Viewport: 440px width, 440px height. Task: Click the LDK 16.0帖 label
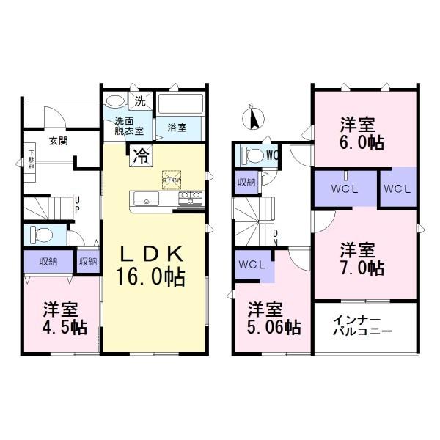pyautogui.click(x=153, y=265)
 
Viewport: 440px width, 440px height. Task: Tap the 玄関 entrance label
pyautogui.click(x=59, y=141)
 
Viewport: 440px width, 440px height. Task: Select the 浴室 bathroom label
pyautogui.click(x=176, y=128)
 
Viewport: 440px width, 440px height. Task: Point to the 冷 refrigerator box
pyautogui.click(x=141, y=155)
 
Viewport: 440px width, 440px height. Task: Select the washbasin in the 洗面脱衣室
pyautogui.click(x=115, y=101)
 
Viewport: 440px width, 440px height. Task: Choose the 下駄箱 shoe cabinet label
pyautogui.click(x=32, y=158)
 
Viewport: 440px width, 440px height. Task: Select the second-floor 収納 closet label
pyautogui.click(x=246, y=183)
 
